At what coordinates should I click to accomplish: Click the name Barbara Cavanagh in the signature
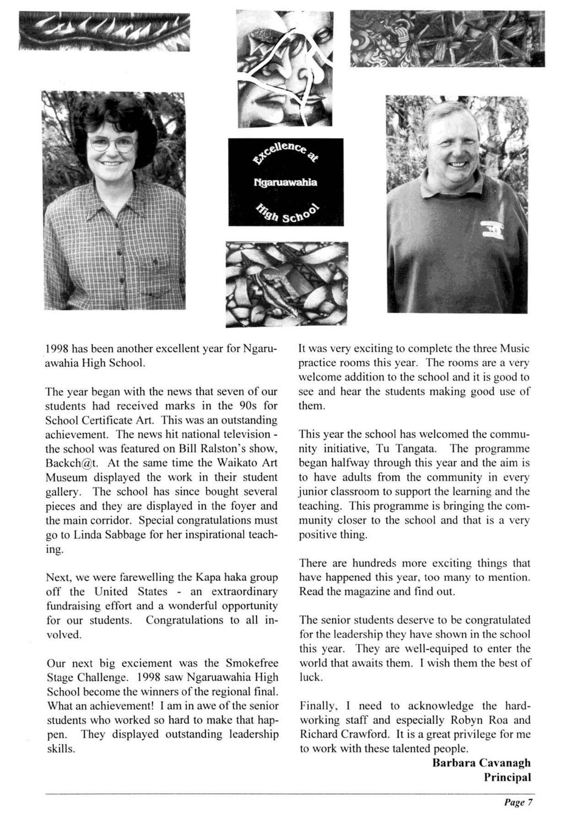481,763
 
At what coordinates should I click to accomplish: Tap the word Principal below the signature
507,777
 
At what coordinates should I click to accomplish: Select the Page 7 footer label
519,802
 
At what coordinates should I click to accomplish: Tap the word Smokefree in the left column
251,663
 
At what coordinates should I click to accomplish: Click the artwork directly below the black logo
287,284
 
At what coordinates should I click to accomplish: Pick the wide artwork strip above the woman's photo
104,32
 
